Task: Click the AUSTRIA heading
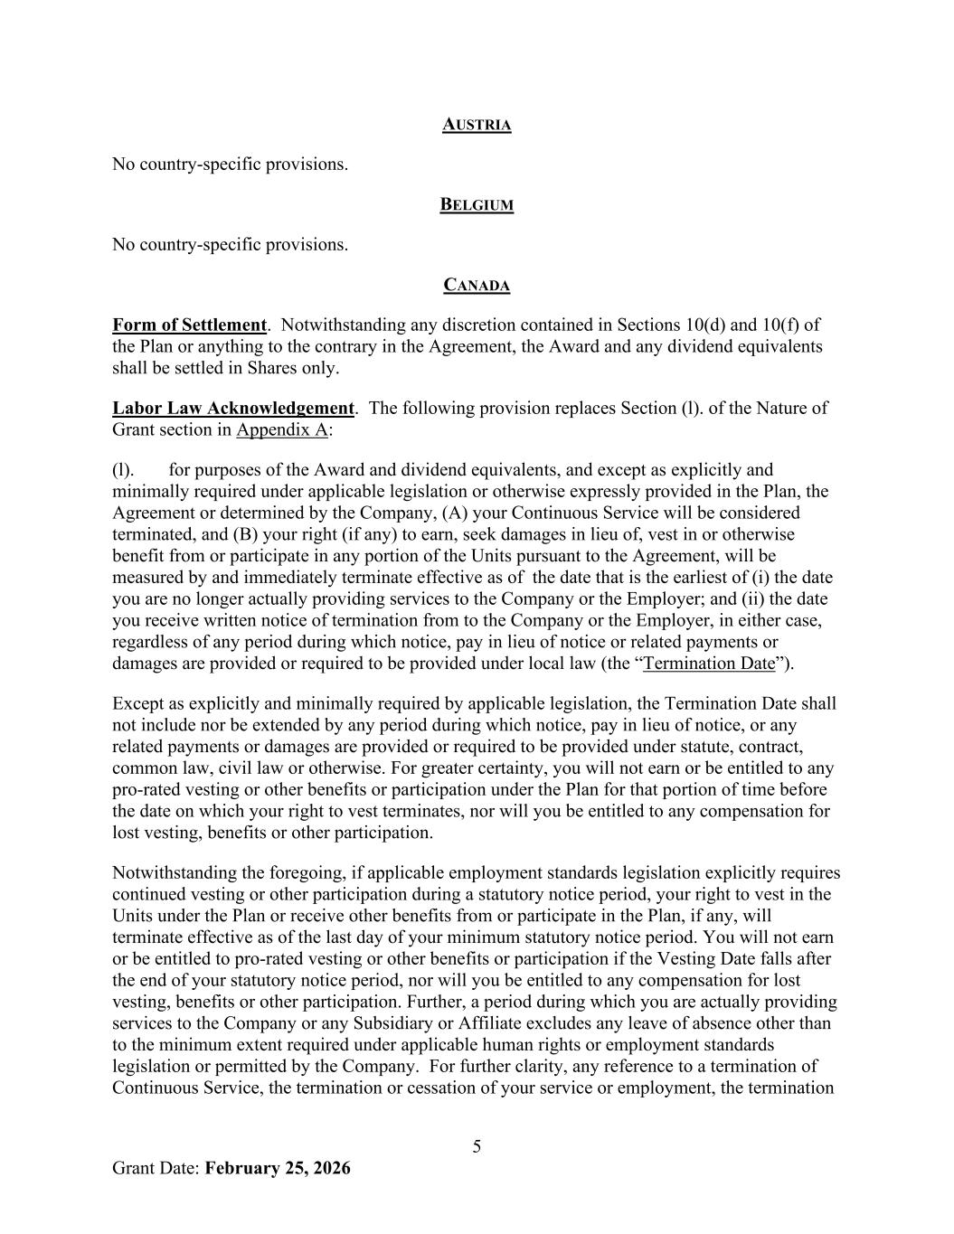pos(477,125)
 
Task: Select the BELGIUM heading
pos(477,205)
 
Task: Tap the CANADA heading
pos(477,286)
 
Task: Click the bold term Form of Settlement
pos(189,325)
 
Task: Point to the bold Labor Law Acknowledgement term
pos(232,408)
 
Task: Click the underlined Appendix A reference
pos(281,429)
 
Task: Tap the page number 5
pos(477,1147)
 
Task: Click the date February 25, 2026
pos(278,1168)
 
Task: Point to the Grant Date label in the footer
pos(156,1168)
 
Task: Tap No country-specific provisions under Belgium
pos(230,245)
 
